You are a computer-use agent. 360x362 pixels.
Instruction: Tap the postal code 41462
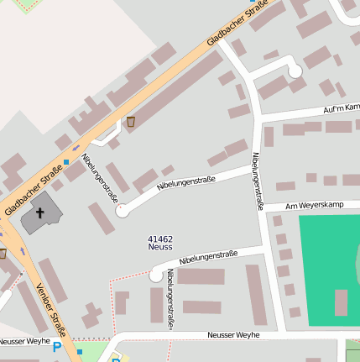(159, 239)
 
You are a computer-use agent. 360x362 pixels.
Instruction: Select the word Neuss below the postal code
(159, 247)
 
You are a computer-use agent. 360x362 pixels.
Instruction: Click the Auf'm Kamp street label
(341, 108)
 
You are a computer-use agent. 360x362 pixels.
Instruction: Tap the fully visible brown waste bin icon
(131, 123)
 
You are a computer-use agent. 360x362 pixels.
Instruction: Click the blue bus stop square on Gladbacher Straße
(65, 161)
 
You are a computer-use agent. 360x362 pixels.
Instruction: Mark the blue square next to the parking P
(80, 352)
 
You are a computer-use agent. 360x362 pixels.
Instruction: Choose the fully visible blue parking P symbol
(57, 347)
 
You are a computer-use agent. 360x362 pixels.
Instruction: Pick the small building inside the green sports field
(341, 302)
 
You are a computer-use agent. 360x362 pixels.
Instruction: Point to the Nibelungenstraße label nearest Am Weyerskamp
(258, 181)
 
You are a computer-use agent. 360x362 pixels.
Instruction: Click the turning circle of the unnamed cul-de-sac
(295, 72)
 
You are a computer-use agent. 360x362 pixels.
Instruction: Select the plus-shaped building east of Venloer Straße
(91, 316)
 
